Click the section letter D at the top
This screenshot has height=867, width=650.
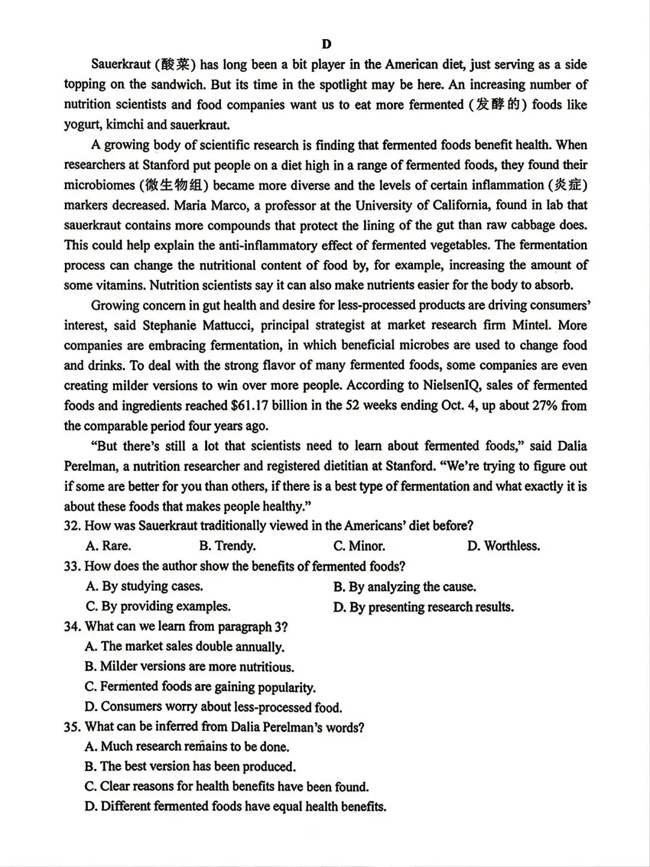(326, 44)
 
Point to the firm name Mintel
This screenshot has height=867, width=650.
(531, 325)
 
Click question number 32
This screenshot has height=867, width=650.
(72, 526)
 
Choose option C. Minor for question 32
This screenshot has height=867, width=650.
(359, 546)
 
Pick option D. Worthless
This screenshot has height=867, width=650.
(503, 546)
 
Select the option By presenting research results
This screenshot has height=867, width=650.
(424, 607)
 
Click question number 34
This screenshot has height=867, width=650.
(72, 626)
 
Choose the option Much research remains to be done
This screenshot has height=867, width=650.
(187, 747)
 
